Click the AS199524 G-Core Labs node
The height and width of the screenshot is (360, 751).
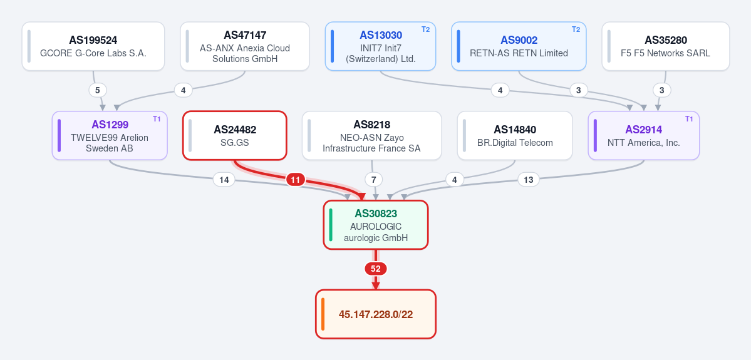(93, 46)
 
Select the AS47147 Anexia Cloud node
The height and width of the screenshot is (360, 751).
(245, 46)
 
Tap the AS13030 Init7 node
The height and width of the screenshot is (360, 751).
(381, 46)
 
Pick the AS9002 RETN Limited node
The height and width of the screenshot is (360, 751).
(519, 46)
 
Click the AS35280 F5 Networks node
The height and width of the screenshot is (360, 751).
(666, 46)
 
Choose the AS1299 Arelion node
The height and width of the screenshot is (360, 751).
(110, 135)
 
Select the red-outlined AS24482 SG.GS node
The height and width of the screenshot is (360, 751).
(235, 135)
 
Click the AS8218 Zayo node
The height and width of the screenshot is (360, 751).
(371, 135)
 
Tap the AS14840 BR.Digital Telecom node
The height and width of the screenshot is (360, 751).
(515, 135)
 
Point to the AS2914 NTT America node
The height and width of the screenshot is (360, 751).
(644, 135)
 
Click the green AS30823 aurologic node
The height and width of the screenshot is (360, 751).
(376, 225)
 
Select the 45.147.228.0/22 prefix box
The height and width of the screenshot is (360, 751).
(376, 314)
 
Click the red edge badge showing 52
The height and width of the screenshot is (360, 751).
(376, 269)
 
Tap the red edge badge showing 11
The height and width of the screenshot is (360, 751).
(296, 180)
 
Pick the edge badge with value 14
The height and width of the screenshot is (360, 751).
(224, 180)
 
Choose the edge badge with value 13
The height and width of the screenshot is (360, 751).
(528, 180)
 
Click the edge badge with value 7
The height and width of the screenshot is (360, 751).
(373, 180)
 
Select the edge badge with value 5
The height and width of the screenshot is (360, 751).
(98, 90)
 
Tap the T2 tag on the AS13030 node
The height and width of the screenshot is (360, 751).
(426, 29)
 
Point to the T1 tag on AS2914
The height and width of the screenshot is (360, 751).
(689, 119)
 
